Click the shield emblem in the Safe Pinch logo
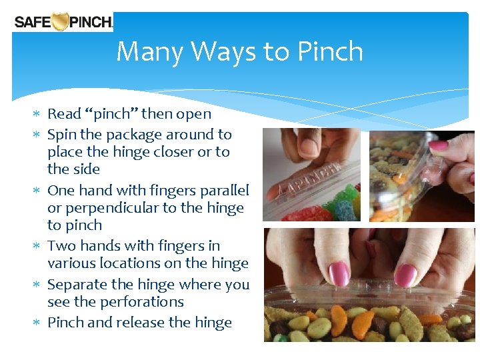(61, 22)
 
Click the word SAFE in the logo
(33, 22)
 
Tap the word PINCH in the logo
(91, 22)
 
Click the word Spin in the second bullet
(61, 134)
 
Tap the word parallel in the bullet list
(220, 190)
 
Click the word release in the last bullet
(145, 323)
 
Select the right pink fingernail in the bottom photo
(406, 274)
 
